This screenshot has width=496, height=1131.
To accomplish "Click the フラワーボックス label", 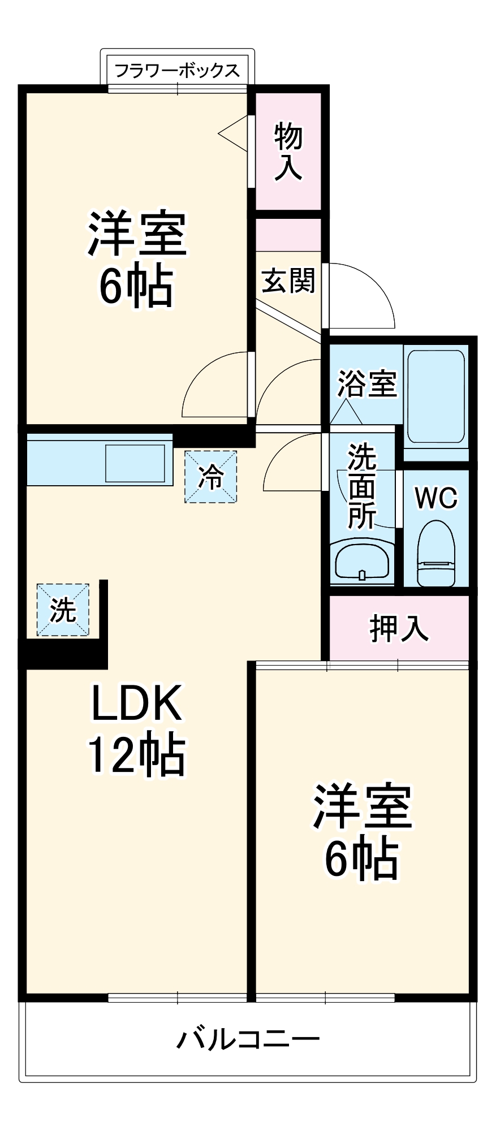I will tap(177, 70).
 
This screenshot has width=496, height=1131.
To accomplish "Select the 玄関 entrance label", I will tap(288, 280).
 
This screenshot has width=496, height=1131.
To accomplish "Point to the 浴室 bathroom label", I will tap(367, 383).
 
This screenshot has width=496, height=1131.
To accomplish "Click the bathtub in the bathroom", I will tap(435, 396).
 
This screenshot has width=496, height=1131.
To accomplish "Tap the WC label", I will tap(436, 498).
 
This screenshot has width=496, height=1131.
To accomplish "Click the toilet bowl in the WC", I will tap(436, 554).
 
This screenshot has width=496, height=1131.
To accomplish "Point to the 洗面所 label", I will tap(362, 486).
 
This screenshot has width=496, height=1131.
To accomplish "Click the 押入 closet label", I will tap(399, 628).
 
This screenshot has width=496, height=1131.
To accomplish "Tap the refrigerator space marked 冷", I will tap(210, 477).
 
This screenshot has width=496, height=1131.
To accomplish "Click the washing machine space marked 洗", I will tap(63, 610).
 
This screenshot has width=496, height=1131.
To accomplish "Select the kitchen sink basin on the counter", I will tap(135, 463).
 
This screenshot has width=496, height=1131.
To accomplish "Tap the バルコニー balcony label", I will tap(248, 1039).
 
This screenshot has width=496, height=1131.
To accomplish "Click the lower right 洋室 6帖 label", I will tap(363, 831).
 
